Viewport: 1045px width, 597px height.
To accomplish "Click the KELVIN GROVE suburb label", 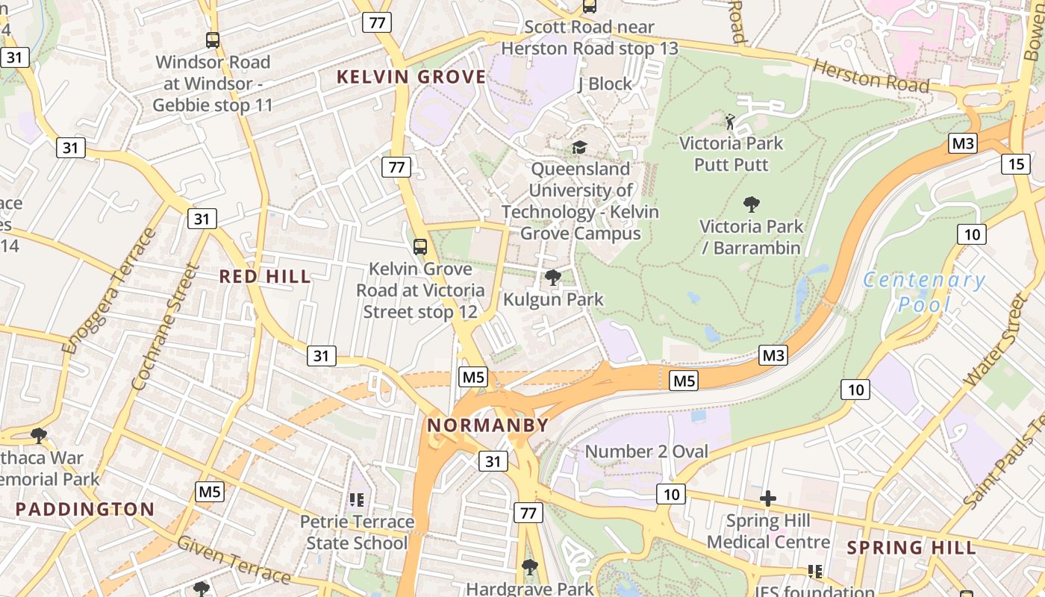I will (x=411, y=77).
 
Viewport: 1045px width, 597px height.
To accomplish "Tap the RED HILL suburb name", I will (x=265, y=277).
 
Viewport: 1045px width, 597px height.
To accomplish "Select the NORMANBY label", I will (x=487, y=425).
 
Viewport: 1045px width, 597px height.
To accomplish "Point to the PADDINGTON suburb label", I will (x=85, y=510).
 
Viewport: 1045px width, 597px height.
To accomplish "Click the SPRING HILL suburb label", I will (x=911, y=548).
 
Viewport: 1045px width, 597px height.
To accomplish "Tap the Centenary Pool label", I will (x=925, y=292).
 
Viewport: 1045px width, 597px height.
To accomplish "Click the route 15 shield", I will (x=1015, y=163).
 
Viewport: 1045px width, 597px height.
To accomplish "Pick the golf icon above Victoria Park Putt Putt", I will (x=730, y=121).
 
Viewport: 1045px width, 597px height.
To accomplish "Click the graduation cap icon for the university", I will (x=579, y=147).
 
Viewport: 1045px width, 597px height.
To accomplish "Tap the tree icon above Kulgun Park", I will (x=552, y=278).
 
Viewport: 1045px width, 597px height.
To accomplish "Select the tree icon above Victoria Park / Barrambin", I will (x=751, y=204).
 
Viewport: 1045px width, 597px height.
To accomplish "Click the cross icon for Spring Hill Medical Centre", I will (x=768, y=498).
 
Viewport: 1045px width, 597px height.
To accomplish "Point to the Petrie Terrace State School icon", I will (x=356, y=499).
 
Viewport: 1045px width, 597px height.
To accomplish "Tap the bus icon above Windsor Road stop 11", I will (x=213, y=40).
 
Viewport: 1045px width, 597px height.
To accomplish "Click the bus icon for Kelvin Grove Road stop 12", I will (x=420, y=247).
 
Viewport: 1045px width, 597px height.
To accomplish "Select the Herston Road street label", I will (x=871, y=77).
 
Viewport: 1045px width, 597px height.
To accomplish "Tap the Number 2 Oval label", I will (x=646, y=451).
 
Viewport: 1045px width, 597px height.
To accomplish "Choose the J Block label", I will (x=605, y=84).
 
